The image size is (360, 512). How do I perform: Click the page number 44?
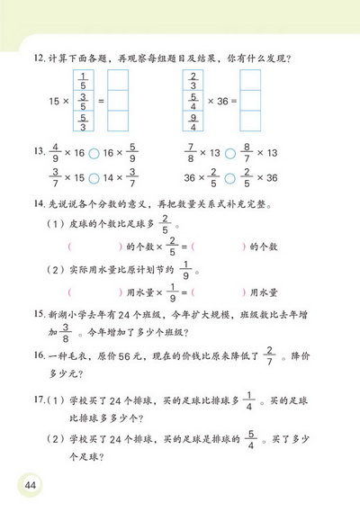[x=31, y=486]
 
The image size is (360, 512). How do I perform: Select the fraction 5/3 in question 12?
[x=84, y=118]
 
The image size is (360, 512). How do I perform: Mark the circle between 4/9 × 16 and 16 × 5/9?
[x=94, y=156]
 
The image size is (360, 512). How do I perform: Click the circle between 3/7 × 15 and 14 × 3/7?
[x=94, y=178]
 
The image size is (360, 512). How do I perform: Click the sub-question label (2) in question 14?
[x=57, y=270]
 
